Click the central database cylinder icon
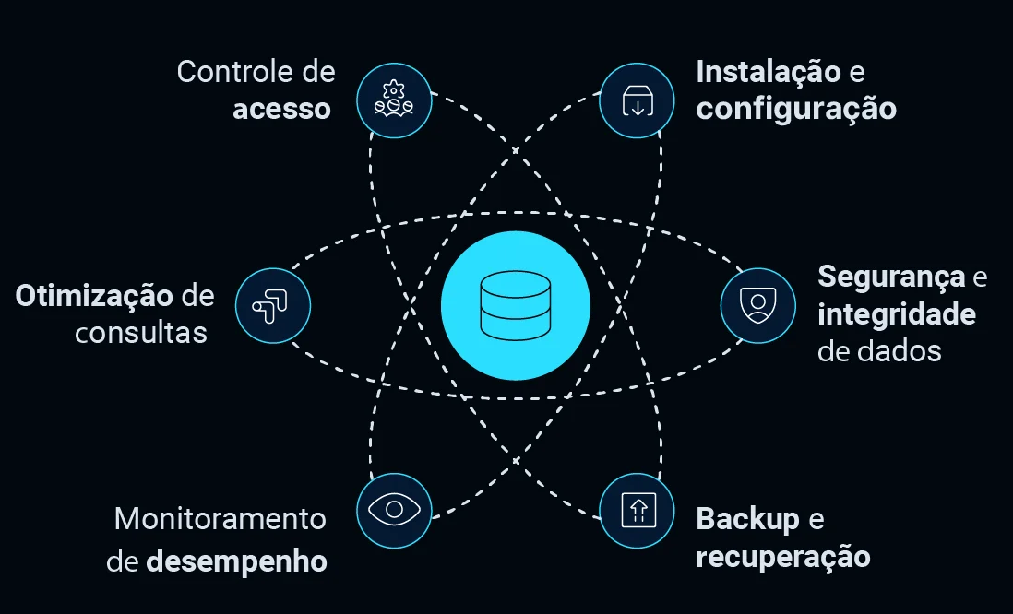point(515,306)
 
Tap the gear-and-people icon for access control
point(393,100)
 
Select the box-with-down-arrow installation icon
point(637,100)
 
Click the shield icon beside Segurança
point(757,305)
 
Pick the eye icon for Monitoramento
point(394,509)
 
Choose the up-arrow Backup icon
point(637,510)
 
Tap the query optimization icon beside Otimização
point(273,305)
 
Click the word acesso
point(281,110)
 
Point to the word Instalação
point(768,72)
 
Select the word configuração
point(795,110)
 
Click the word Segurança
point(891,277)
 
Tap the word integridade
point(896,314)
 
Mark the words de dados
point(879,351)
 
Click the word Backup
point(747,520)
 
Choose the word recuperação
point(782,558)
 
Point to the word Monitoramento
point(220,519)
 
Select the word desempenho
point(236,561)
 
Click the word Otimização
point(95,296)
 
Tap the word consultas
point(141,333)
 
